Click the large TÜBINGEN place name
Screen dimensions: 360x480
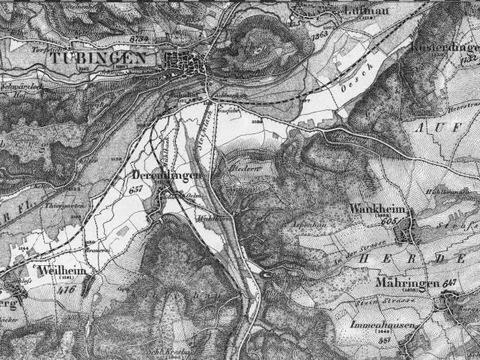pos(99,59)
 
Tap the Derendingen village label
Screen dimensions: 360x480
pos(163,177)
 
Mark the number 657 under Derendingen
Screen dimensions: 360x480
pos(138,190)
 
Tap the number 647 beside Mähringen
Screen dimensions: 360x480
pos(451,283)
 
